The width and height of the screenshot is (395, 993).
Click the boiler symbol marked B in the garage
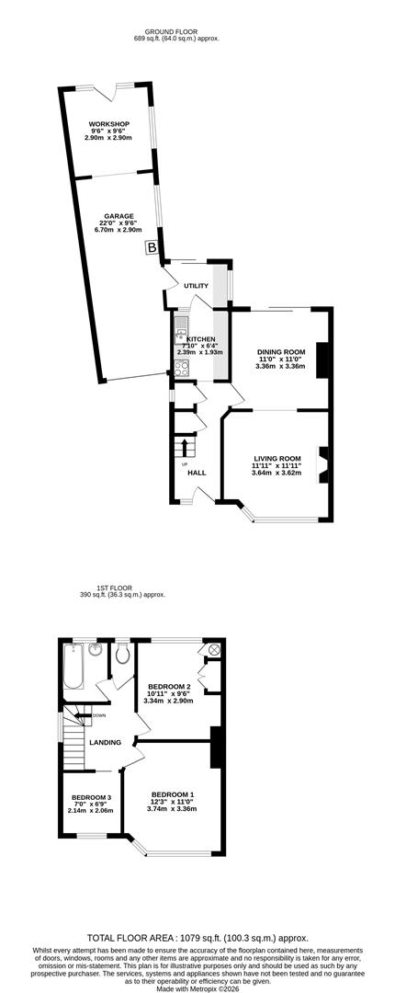[x=152, y=247]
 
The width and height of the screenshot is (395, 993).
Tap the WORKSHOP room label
[x=109, y=123]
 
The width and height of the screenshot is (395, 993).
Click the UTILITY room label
[x=197, y=286]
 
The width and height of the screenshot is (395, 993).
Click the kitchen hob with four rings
[x=181, y=369]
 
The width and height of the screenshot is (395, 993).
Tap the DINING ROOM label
[x=281, y=351]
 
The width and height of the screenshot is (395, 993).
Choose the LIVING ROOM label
[x=277, y=458]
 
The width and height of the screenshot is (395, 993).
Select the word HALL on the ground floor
[x=197, y=473]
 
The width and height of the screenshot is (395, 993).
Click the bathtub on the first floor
[x=73, y=666]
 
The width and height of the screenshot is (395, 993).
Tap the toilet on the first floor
[x=123, y=655]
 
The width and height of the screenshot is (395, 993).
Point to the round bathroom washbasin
[x=96, y=650]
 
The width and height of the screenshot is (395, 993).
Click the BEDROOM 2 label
[x=169, y=687]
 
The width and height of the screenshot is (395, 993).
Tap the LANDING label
[x=105, y=742]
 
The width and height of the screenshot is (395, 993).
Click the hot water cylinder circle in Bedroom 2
[x=213, y=649]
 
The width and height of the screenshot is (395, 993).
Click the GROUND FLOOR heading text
[x=172, y=31]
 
